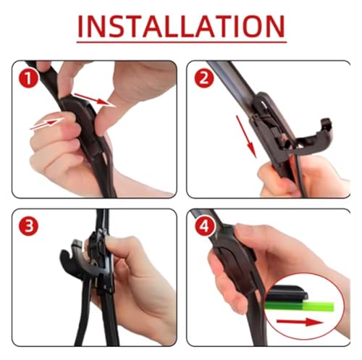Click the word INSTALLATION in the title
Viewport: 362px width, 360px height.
click(182, 26)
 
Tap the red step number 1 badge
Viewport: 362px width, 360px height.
click(29, 78)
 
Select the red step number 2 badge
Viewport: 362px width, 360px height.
click(204, 78)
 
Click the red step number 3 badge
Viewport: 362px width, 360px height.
click(29, 226)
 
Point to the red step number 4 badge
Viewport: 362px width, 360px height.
click(204, 227)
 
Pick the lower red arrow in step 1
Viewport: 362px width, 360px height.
click(46, 123)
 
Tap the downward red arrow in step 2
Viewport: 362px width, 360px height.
click(246, 137)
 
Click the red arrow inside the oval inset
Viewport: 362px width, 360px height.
click(300, 322)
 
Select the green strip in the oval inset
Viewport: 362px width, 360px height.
click(299, 306)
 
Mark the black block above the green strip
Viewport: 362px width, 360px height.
click(287, 293)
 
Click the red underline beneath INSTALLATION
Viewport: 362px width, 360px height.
click(182, 42)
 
